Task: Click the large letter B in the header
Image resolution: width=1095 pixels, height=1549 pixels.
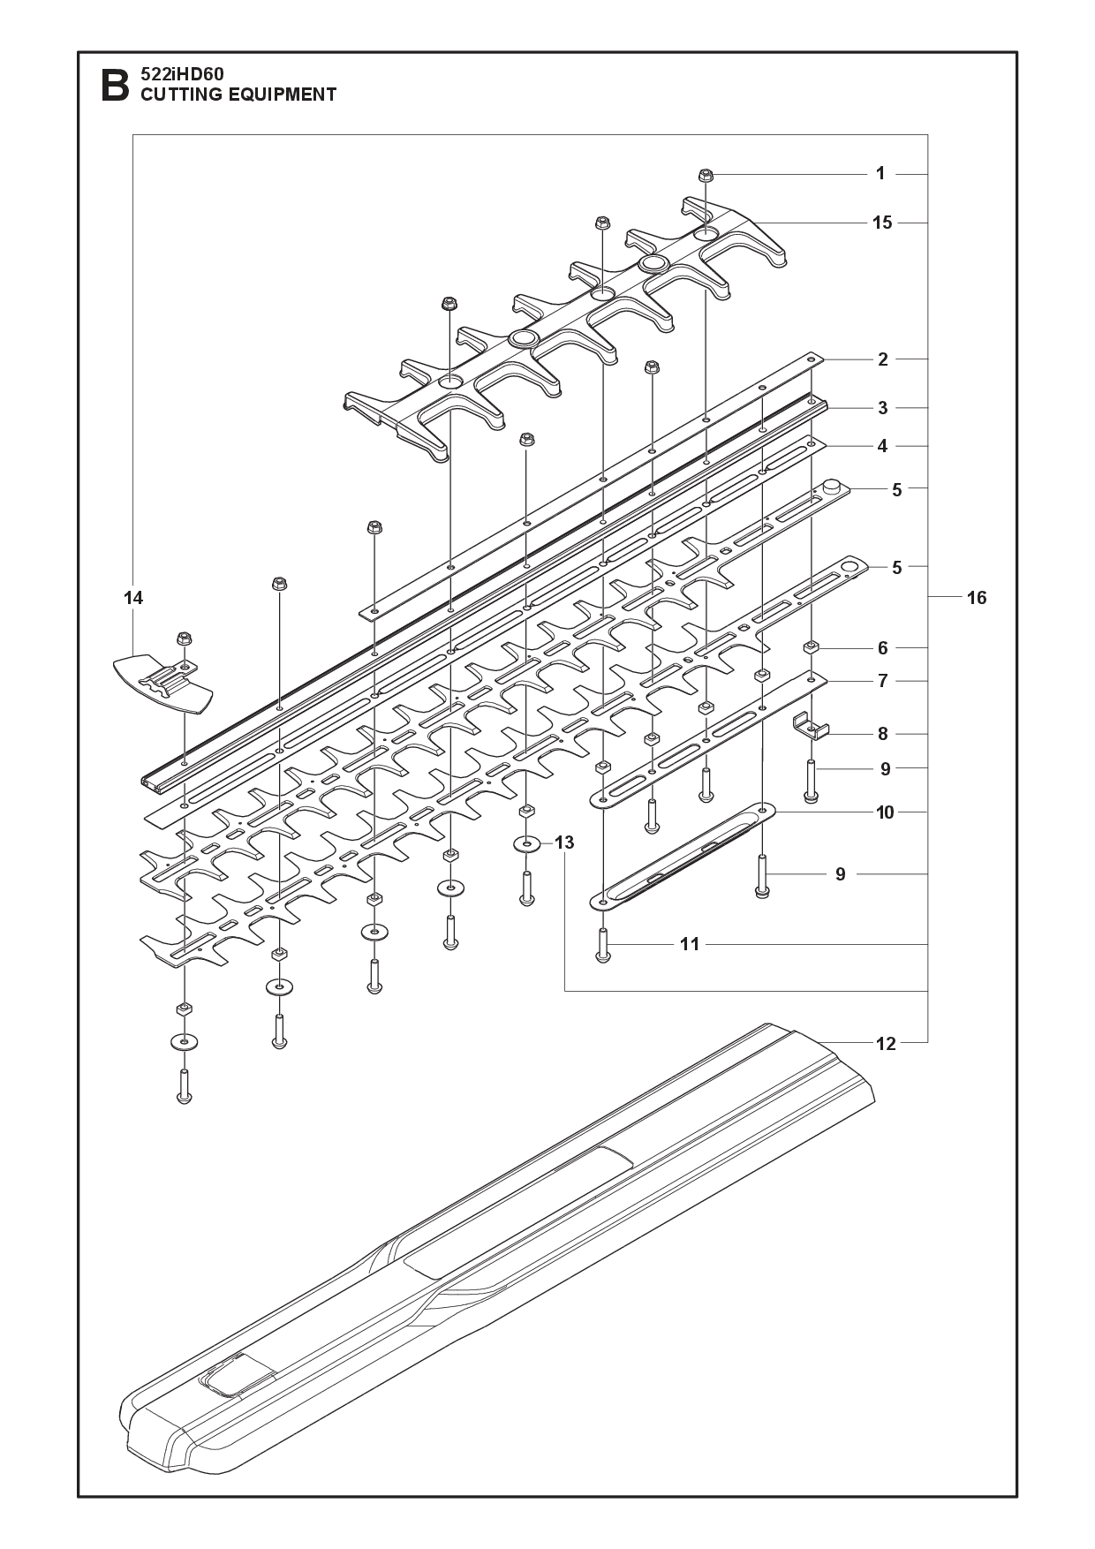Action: pyautogui.click(x=116, y=86)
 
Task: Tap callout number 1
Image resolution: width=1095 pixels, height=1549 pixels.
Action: pyautogui.click(x=880, y=174)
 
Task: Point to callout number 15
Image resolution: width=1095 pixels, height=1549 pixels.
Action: pyautogui.click(x=882, y=223)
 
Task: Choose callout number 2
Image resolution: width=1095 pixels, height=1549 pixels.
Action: pyautogui.click(x=883, y=359)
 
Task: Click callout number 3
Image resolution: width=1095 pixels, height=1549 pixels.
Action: pyautogui.click(x=883, y=408)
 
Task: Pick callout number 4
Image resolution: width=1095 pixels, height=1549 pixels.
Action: pyautogui.click(x=883, y=447)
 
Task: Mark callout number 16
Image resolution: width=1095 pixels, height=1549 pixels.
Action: pyautogui.click(x=977, y=598)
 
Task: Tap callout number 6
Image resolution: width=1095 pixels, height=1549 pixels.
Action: pyautogui.click(x=883, y=648)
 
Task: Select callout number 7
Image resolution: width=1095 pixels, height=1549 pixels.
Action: pyautogui.click(x=883, y=681)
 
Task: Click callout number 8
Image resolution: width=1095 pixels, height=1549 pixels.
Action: pyautogui.click(x=883, y=734)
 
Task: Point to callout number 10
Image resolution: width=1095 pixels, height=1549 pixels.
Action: pyautogui.click(x=885, y=812)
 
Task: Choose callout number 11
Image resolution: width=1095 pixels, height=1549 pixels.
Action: pyautogui.click(x=690, y=944)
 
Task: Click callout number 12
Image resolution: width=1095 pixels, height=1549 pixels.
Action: pyautogui.click(x=886, y=1044)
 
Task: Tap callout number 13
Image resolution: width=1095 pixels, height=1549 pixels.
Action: pyautogui.click(x=564, y=843)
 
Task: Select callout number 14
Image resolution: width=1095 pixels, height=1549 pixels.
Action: pyautogui.click(x=133, y=598)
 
